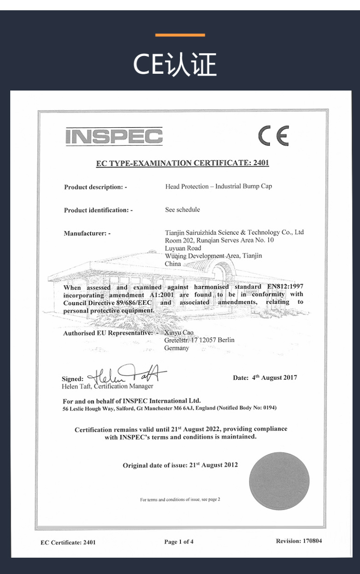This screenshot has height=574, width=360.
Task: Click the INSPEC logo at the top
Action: (x=114, y=136)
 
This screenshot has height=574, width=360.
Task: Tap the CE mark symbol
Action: (x=274, y=136)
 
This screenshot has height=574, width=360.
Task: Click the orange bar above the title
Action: (x=180, y=35)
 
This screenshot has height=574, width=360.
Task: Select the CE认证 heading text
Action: (x=175, y=64)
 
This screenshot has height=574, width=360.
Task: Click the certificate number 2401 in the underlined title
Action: (x=261, y=163)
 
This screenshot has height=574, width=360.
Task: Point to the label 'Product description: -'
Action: (x=96, y=187)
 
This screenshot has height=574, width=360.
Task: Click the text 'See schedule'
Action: (x=182, y=210)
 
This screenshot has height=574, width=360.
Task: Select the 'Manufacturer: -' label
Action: (x=87, y=233)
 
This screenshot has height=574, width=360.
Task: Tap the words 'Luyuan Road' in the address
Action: (x=183, y=248)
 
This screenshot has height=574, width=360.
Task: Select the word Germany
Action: (x=177, y=348)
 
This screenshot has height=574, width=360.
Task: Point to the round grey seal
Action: (x=279, y=481)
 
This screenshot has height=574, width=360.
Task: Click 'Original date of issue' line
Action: (x=180, y=465)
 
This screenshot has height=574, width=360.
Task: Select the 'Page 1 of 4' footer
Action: (x=179, y=542)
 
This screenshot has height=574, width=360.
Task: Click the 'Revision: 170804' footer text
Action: (x=298, y=541)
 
